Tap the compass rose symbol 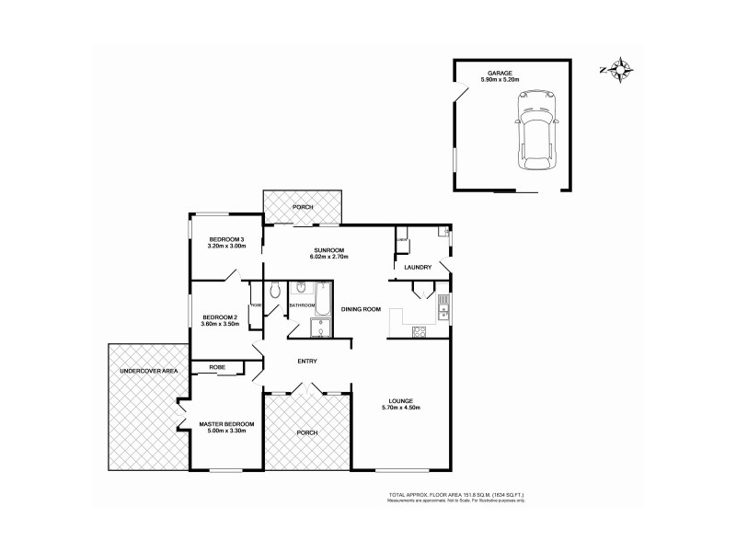pyautogui.click(x=622, y=69)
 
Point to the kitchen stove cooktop pyautogui.click(x=420, y=332)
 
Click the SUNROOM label pyautogui.click(x=303, y=250)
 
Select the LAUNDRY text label pyautogui.click(x=418, y=268)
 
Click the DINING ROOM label pyautogui.click(x=361, y=309)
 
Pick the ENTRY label pyautogui.click(x=306, y=361)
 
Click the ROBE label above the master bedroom pyautogui.click(x=217, y=367)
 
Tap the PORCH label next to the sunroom pyautogui.click(x=303, y=207)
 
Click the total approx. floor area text pyautogui.click(x=457, y=495)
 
